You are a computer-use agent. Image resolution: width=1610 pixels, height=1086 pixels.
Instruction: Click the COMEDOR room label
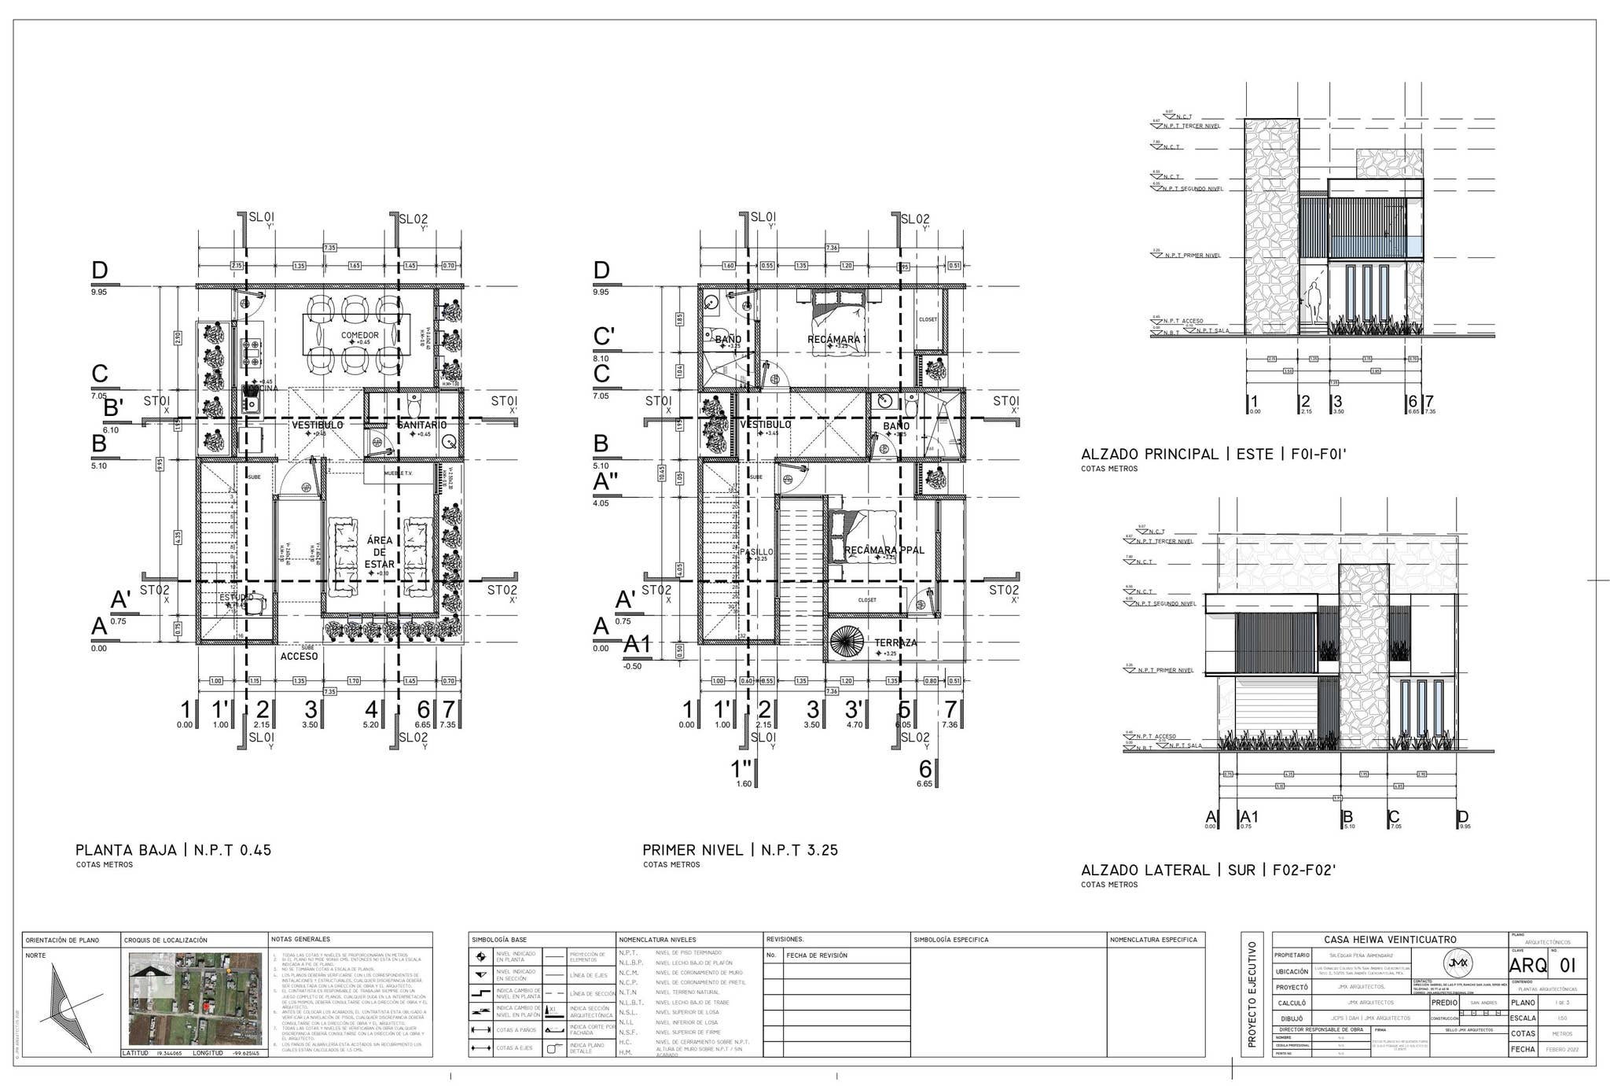pyautogui.click(x=359, y=335)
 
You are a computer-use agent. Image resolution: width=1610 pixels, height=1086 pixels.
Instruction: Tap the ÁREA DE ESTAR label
pyautogui.click(x=379, y=552)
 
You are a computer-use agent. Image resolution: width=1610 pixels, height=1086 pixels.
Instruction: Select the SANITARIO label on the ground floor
pyautogui.click(x=421, y=425)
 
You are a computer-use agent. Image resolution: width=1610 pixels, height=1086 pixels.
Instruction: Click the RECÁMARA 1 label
pyautogui.click(x=836, y=340)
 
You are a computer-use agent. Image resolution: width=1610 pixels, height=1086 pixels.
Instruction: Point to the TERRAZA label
pyautogui.click(x=895, y=642)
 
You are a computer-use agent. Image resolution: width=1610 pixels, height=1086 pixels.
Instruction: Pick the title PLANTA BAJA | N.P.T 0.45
pyautogui.click(x=173, y=850)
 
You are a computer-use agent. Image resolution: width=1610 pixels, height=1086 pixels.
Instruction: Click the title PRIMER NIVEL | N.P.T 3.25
pyautogui.click(x=740, y=850)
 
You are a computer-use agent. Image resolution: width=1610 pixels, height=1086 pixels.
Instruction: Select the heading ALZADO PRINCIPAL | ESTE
pyautogui.click(x=1214, y=454)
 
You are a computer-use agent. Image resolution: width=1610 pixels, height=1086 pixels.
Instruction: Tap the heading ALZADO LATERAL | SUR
pyautogui.click(x=1208, y=870)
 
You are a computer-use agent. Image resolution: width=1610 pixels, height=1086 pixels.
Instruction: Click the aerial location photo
pyautogui.click(x=194, y=999)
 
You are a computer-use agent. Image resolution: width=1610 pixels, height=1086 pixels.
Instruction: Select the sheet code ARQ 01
pyautogui.click(x=1542, y=966)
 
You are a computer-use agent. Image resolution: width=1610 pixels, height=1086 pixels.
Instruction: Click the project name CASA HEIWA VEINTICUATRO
pyautogui.click(x=1389, y=940)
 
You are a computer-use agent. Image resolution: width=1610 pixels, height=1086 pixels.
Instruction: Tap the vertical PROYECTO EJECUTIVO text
pyautogui.click(x=1252, y=994)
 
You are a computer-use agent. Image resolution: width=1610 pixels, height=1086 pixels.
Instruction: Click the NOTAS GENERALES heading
pyautogui.click(x=300, y=939)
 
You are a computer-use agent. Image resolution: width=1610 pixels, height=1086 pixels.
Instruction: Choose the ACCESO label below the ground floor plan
pyautogui.click(x=299, y=656)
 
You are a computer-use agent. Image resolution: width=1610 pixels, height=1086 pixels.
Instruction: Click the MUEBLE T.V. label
pyautogui.click(x=398, y=473)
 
